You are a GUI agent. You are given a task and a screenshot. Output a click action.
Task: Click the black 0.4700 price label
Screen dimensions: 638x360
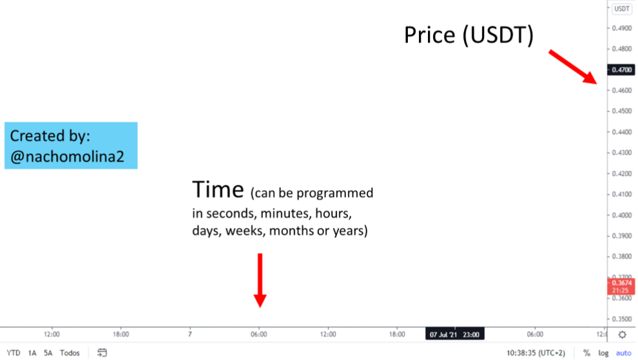(x=621, y=70)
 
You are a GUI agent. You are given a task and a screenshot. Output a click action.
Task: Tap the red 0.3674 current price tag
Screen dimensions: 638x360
(x=621, y=287)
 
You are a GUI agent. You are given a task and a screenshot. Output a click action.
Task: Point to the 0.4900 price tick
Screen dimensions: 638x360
(x=622, y=28)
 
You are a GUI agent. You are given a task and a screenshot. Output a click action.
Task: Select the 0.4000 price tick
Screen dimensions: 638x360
(x=622, y=215)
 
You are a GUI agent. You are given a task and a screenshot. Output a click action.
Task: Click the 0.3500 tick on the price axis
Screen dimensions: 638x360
(x=622, y=319)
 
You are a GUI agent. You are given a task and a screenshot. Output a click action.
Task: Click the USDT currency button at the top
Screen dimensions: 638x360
(x=622, y=9)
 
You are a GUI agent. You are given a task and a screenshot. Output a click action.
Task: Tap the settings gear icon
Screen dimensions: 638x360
(x=622, y=335)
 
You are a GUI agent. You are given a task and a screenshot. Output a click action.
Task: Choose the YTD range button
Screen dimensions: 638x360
(x=14, y=353)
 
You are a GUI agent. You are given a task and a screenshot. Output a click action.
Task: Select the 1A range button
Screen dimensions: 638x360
(x=32, y=353)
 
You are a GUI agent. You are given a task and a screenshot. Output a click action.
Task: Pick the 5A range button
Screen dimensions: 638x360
(x=48, y=353)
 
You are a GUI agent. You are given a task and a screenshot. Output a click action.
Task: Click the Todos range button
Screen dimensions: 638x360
(x=70, y=353)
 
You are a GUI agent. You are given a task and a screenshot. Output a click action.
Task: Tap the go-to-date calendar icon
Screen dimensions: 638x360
(x=102, y=353)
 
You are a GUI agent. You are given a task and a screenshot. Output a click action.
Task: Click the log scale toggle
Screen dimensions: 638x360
(x=603, y=353)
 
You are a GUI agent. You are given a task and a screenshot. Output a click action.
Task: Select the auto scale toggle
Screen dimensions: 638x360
(x=623, y=353)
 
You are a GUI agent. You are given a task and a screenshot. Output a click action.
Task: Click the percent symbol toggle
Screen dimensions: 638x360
(x=586, y=353)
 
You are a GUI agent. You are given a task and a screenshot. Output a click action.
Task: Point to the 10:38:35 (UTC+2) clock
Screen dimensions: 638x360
(x=536, y=353)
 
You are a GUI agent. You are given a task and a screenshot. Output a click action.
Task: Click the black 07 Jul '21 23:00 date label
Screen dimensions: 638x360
(x=454, y=334)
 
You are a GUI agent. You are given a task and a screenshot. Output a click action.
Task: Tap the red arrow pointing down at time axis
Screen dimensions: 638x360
(x=260, y=280)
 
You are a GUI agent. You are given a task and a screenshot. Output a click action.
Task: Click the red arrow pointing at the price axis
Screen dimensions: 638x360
(x=573, y=67)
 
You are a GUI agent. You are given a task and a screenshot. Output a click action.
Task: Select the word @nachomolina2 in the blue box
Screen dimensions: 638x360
(x=67, y=156)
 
